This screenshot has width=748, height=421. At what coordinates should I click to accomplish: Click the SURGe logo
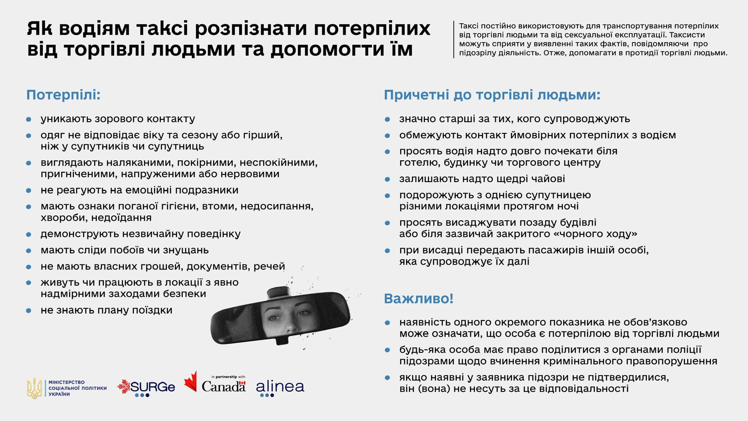pyautogui.click(x=146, y=388)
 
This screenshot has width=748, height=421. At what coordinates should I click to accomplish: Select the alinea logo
pyautogui.click(x=280, y=388)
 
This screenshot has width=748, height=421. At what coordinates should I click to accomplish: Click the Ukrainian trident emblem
pyautogui.click(x=35, y=388)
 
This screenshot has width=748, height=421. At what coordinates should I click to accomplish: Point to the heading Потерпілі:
pyautogui.click(x=64, y=95)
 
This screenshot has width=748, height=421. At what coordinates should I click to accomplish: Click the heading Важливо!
pyautogui.click(x=419, y=299)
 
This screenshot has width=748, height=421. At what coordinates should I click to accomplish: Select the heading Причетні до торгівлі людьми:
pyautogui.click(x=492, y=95)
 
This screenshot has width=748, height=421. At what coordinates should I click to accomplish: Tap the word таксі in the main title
pyautogui.click(x=162, y=29)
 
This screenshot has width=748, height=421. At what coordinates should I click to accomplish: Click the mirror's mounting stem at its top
pyautogui.click(x=278, y=292)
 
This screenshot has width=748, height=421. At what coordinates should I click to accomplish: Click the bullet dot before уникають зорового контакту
pyautogui.click(x=29, y=120)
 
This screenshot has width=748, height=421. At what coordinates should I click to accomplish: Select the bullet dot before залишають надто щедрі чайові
pyautogui.click(x=388, y=179)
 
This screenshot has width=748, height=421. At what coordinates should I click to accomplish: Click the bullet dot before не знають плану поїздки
pyautogui.click(x=29, y=311)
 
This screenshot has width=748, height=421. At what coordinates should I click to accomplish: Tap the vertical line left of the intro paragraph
pyautogui.click(x=454, y=39)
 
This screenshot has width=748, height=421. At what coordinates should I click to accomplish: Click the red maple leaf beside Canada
pyautogui.click(x=191, y=382)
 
